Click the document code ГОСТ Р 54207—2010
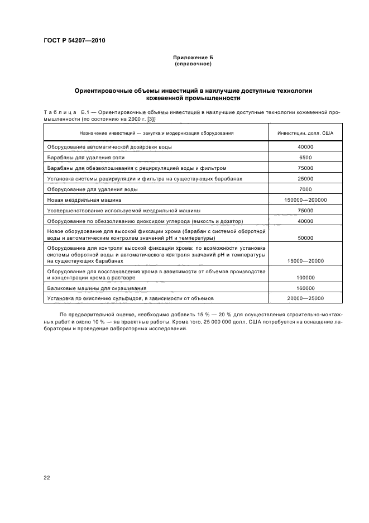[x=74, y=41]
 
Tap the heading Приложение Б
[x=193, y=58]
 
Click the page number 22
[x=47, y=477]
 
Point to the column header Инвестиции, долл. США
[x=305, y=133]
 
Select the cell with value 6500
[x=305, y=158]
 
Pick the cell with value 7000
[x=305, y=189]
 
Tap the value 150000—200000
[x=305, y=200]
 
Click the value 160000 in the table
[x=305, y=288]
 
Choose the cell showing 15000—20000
[x=305, y=261]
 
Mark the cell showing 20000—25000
[x=305, y=299]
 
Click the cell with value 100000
[x=305, y=278]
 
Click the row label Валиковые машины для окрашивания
[x=97, y=288]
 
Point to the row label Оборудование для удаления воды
[x=92, y=189]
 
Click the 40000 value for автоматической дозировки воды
[x=305, y=147]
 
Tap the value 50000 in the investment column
[x=305, y=238]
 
